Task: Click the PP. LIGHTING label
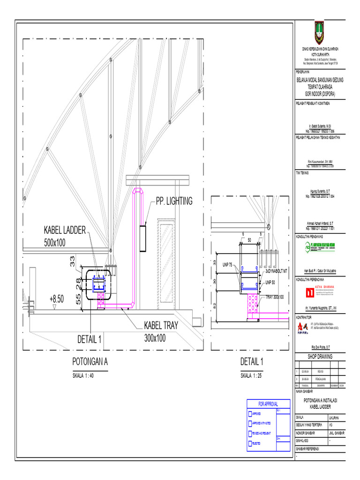(174, 201)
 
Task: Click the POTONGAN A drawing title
(90, 362)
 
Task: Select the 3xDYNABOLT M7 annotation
(276, 271)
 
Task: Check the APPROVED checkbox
(249, 414)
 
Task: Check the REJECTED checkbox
(249, 442)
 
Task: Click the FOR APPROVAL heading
(268, 404)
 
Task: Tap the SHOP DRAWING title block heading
(320, 357)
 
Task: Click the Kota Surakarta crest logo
(320, 33)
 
